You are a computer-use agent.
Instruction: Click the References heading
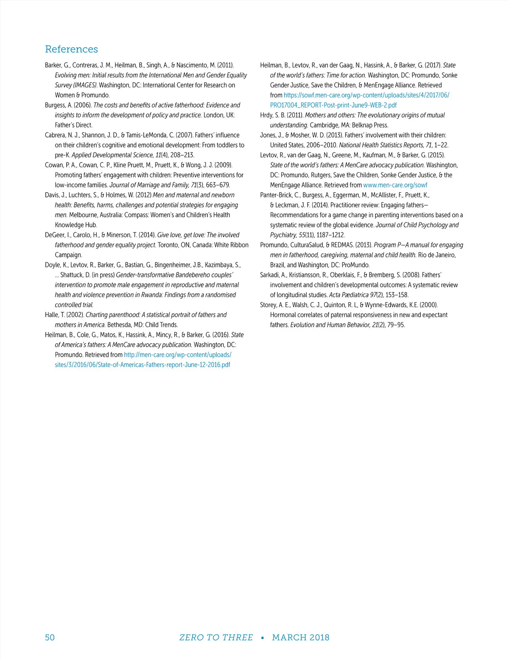(71, 49)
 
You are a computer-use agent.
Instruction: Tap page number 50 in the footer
(50, 637)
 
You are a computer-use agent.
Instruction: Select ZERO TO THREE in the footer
(216, 637)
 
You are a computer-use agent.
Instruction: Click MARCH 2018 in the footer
(301, 637)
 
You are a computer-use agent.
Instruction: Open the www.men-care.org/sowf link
(395, 185)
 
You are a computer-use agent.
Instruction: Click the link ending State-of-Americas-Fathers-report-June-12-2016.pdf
(143, 365)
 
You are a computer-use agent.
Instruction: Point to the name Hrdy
(267, 115)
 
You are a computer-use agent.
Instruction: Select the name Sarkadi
(269, 275)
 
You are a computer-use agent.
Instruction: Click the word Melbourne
(83, 215)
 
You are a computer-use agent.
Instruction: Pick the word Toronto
(168, 245)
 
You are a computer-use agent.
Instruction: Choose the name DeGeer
(54, 235)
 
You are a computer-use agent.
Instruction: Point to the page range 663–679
(218, 185)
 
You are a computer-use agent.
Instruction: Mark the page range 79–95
(396, 325)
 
